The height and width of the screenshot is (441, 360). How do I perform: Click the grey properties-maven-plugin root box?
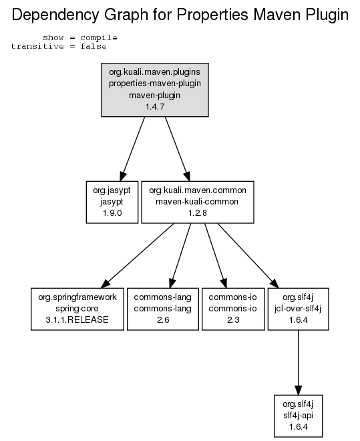coord(155,90)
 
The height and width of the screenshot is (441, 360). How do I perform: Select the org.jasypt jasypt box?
coord(112,202)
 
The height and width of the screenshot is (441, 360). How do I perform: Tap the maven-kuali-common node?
coord(198,202)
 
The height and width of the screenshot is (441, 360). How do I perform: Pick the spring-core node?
coord(77,309)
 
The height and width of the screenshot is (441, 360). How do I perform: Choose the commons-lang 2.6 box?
coord(163,309)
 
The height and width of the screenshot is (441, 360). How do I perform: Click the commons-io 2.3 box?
coord(233,309)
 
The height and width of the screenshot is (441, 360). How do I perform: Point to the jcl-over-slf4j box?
coord(298,309)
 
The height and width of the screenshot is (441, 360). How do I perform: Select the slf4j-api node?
coord(298,416)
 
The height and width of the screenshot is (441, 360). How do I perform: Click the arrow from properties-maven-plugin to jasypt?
coord(132,149)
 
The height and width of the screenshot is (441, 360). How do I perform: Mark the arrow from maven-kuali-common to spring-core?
coord(137,256)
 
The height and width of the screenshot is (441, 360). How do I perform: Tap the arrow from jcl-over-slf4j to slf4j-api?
coord(298,363)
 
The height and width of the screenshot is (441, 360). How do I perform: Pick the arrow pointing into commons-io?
coord(216,256)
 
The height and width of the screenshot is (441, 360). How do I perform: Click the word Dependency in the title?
coord(55,15)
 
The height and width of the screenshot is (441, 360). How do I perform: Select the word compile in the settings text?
coord(99,37)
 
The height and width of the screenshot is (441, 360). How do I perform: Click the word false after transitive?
coord(94,46)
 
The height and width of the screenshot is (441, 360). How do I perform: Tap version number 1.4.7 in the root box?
coord(155,107)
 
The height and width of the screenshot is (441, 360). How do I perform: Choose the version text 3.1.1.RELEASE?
coord(77,320)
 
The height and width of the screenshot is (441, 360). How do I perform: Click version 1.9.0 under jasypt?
coord(112,213)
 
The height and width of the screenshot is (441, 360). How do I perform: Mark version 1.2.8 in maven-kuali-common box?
coord(198,213)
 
